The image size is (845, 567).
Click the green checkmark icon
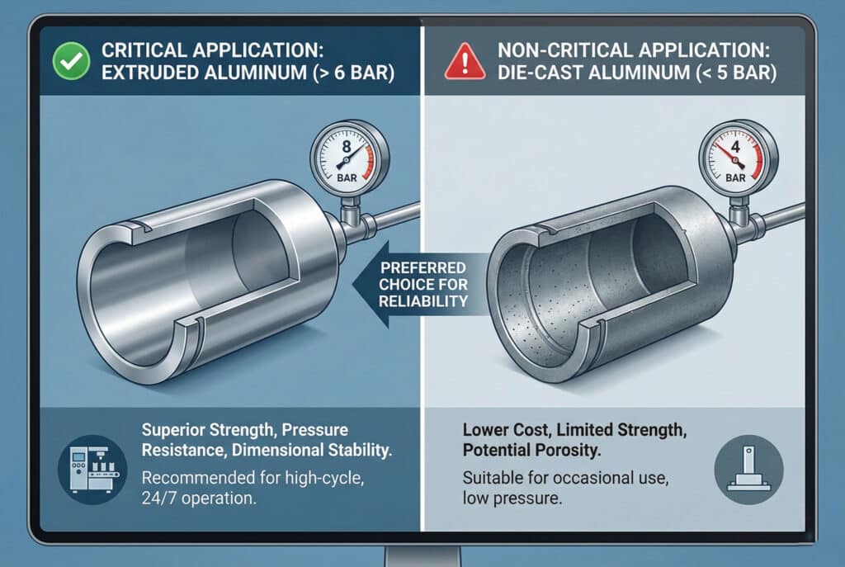tap(71, 61)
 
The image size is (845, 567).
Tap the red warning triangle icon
tap(465, 61)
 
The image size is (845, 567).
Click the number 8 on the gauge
tap(346, 146)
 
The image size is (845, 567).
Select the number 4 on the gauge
tap(735, 147)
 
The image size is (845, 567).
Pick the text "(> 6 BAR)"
tap(353, 73)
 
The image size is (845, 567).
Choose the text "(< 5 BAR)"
tap(737, 73)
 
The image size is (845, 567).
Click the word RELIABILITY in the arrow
tap(423, 301)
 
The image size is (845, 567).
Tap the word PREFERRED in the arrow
tap(423, 268)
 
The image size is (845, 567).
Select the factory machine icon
tap(92, 470)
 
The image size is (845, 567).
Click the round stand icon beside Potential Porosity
tap(748, 470)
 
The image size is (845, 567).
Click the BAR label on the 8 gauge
tap(347, 178)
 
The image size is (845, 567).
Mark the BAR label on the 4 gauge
tap(735, 177)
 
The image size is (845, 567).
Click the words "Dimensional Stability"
tap(312, 450)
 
